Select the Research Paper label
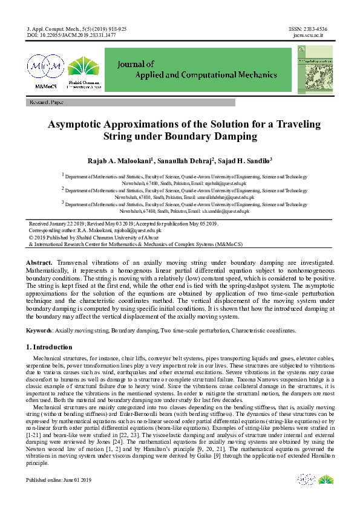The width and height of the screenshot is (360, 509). coord(46,103)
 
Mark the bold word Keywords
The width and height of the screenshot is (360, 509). coord(39,331)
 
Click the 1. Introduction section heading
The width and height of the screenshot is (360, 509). coord(49,348)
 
